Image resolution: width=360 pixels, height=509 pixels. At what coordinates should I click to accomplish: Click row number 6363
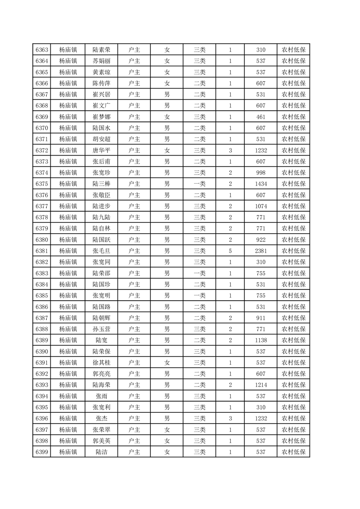click(42, 50)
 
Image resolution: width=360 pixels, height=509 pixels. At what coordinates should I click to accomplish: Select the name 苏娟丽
click(101, 61)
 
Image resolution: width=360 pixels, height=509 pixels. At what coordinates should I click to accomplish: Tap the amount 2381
click(261, 251)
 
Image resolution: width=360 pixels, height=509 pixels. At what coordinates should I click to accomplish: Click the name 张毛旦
click(101, 251)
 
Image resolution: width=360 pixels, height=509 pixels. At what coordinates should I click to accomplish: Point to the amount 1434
click(261, 184)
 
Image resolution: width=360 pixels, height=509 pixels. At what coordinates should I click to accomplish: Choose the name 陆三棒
click(101, 184)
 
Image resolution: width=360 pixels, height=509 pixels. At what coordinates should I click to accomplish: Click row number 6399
click(42, 452)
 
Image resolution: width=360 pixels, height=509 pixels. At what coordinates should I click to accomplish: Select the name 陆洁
click(101, 452)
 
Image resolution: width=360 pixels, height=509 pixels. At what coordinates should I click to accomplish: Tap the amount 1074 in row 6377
click(261, 206)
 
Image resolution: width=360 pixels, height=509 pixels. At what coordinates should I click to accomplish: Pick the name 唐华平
click(101, 150)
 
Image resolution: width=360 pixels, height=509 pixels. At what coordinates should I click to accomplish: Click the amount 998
click(261, 172)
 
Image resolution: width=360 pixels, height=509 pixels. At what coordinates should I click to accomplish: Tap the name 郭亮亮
click(101, 374)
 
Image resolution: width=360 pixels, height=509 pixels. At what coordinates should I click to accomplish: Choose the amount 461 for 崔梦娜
click(261, 117)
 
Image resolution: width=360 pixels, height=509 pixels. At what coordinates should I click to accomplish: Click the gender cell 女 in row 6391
click(167, 362)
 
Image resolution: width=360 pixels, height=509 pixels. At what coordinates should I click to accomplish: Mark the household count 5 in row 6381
click(230, 251)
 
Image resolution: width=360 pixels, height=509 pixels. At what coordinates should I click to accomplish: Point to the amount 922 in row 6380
click(261, 240)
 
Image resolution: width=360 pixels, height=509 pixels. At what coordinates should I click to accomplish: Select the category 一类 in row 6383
click(199, 273)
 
